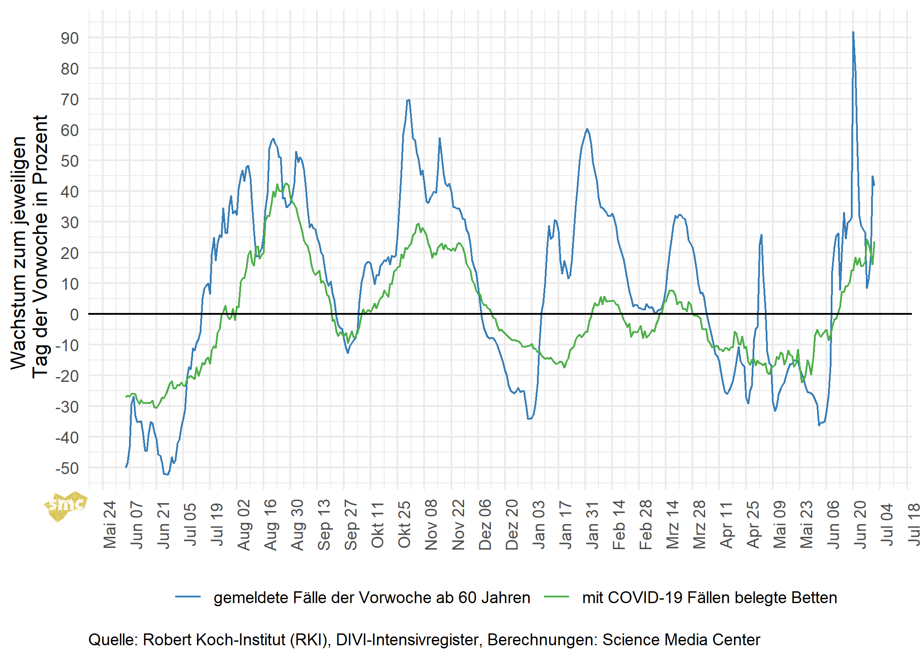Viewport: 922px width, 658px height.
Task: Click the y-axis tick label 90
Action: (x=70, y=39)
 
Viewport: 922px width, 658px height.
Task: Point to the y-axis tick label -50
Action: (x=67, y=468)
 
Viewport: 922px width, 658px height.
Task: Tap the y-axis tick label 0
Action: (x=74, y=315)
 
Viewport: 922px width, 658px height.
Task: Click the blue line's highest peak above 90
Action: (x=853, y=32)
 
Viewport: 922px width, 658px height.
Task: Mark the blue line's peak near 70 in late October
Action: (x=409, y=100)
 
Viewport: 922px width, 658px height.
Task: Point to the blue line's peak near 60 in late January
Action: (x=587, y=129)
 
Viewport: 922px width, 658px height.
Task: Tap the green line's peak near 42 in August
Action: (x=286, y=183)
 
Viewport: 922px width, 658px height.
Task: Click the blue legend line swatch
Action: (x=188, y=597)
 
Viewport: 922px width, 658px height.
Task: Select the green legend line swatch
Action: (x=556, y=597)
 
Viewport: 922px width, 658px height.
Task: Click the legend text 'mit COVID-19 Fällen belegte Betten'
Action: (x=710, y=598)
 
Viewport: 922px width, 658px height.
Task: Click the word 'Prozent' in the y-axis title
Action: (x=40, y=149)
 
